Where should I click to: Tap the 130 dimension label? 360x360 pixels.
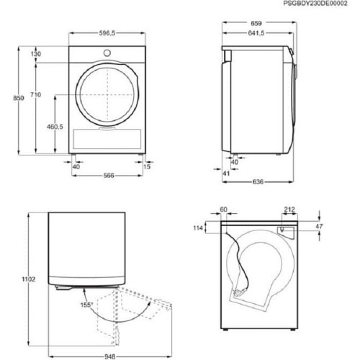36,55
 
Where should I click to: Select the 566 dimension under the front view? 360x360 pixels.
107,175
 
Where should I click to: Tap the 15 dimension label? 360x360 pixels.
148,166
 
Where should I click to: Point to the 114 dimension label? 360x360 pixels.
199,228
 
